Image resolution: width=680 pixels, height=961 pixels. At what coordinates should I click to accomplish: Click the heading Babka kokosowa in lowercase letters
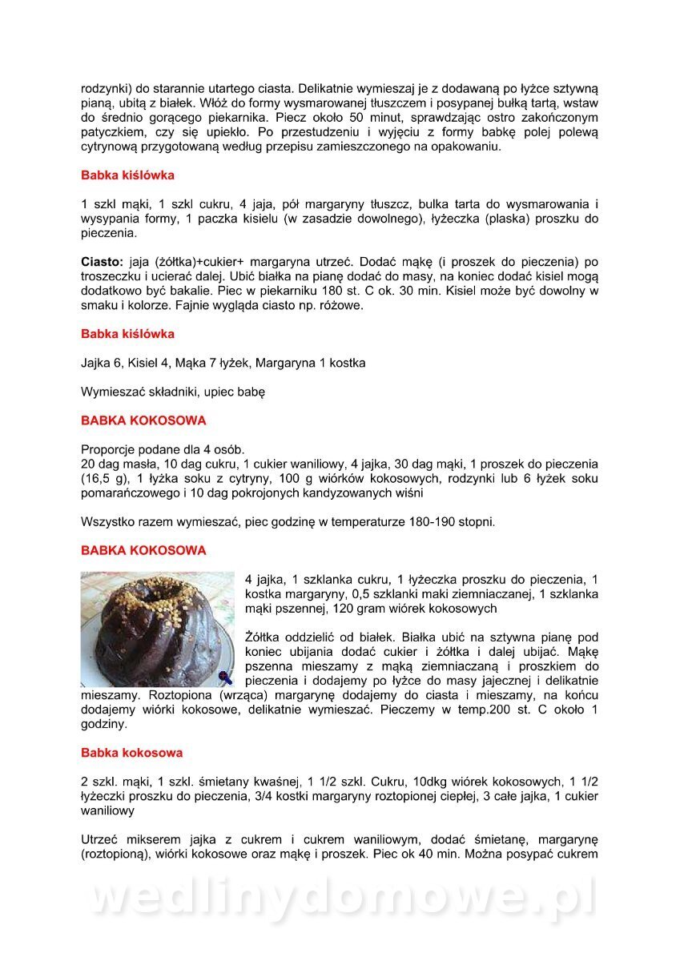(x=131, y=753)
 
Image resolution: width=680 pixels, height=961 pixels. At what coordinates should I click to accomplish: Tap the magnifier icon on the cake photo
(x=225, y=678)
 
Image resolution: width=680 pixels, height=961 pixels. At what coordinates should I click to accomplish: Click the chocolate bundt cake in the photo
(x=156, y=625)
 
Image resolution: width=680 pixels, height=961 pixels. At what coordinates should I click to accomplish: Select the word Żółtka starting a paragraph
(x=265, y=637)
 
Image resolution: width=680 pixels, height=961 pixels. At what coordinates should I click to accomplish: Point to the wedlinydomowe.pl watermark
(x=340, y=899)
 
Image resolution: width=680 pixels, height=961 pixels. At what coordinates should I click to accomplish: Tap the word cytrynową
(x=109, y=147)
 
